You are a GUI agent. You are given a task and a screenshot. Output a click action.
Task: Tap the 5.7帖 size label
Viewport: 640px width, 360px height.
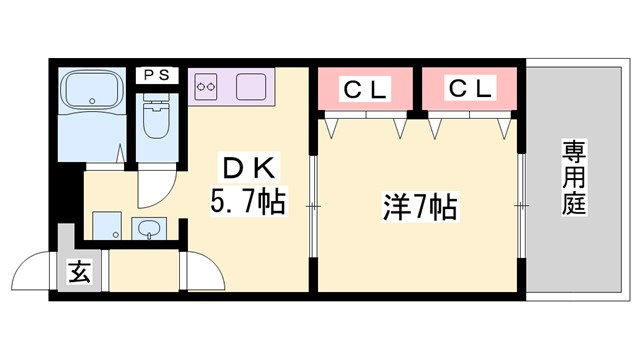click(247, 203)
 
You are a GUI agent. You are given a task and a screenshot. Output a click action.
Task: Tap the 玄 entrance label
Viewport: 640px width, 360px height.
click(79, 271)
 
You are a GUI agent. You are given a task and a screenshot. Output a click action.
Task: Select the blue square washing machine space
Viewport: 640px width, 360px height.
click(104, 226)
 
